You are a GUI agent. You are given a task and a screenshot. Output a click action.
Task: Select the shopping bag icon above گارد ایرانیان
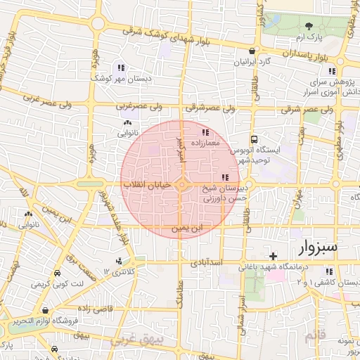click(252, 51)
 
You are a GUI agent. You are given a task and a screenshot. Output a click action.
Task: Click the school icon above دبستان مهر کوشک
click(121, 68)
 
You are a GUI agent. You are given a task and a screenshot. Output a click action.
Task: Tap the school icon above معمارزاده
click(205, 132)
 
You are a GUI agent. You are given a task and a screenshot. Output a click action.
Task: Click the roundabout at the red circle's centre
click(181, 185)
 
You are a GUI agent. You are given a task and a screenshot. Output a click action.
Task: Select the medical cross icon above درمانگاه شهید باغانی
click(274, 255)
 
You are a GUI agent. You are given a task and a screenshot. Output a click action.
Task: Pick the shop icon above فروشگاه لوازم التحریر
click(45, 310)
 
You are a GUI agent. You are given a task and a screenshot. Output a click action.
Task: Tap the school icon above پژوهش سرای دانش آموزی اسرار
click(331, 71)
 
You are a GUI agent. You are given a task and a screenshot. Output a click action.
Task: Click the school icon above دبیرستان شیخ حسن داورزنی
click(224, 177)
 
